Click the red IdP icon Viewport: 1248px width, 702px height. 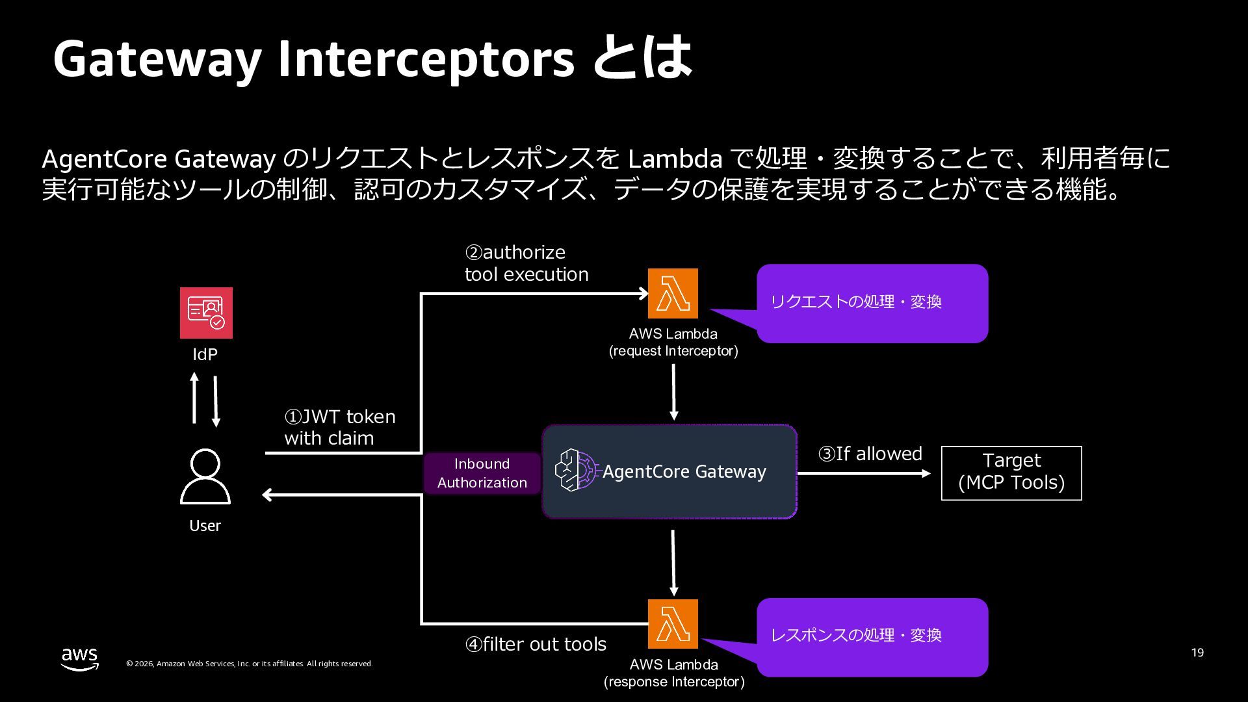coord(206,313)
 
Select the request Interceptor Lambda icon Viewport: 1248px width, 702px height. coord(673,293)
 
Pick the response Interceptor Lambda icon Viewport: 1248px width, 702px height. coord(673,624)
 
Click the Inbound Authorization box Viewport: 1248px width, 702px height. coord(482,473)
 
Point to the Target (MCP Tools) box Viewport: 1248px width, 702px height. coord(1011,473)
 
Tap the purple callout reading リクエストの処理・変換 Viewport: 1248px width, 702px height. coord(872,303)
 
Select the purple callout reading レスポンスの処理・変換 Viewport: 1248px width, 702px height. coord(872,637)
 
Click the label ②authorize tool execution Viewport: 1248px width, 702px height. coord(526,263)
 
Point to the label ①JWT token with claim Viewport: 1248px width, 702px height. coord(340,427)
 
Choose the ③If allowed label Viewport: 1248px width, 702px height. coord(870,454)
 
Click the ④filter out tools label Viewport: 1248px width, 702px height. coord(536,644)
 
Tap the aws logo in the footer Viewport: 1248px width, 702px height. coord(80,658)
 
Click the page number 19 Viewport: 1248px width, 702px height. coord(1197,653)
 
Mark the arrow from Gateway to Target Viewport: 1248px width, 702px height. coord(864,474)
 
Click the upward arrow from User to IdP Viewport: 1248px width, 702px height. coord(194,398)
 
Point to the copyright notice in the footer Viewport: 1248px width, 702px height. coord(249,664)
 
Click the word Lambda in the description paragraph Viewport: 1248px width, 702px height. coord(675,159)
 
